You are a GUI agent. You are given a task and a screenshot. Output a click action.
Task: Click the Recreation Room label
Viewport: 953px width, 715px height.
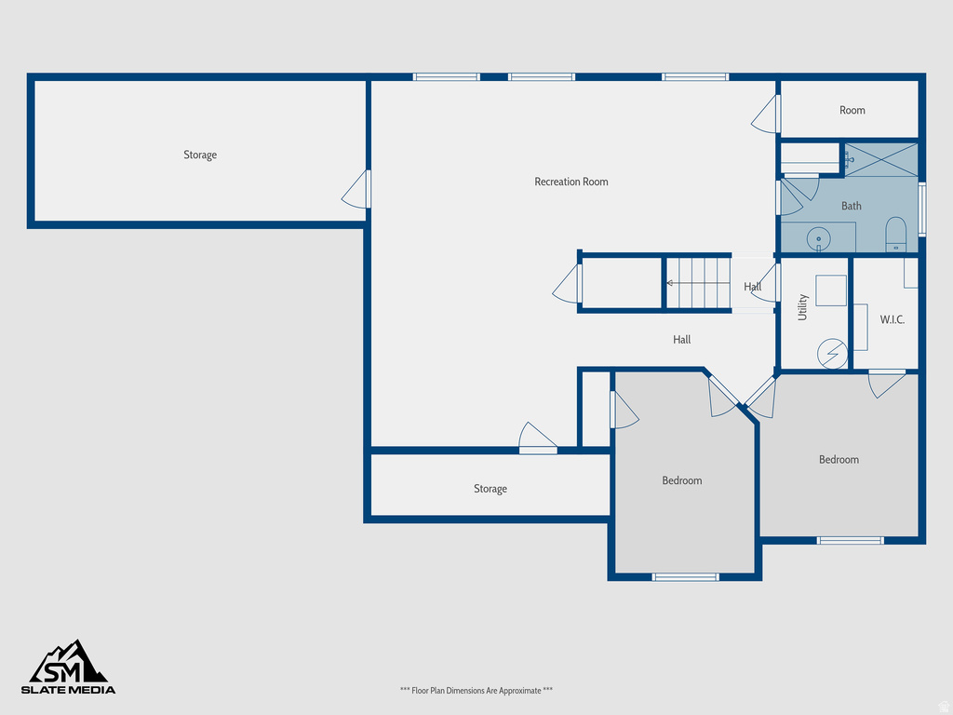[x=570, y=182]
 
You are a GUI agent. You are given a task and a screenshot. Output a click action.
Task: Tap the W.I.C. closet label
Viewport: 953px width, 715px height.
[x=892, y=319]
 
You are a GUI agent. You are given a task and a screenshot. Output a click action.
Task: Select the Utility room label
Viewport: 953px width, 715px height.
[x=802, y=307]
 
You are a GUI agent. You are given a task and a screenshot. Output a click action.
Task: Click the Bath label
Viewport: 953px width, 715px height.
[x=851, y=206]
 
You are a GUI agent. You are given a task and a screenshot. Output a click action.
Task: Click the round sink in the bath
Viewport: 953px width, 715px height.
[x=819, y=238]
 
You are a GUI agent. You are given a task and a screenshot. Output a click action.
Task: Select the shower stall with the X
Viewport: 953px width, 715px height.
[x=880, y=159]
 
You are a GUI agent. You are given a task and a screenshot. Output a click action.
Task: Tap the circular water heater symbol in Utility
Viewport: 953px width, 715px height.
[x=832, y=354]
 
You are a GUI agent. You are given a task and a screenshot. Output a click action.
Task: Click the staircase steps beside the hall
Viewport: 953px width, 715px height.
[x=698, y=282]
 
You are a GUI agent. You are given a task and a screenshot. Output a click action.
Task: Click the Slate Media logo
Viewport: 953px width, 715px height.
[x=70, y=668]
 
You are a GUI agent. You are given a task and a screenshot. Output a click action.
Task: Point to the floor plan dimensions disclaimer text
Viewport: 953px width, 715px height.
[x=476, y=690]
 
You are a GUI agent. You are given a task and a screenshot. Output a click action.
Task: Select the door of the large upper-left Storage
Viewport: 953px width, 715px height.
[x=356, y=190]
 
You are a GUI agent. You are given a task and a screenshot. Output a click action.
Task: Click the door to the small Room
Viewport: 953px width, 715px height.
[x=766, y=114]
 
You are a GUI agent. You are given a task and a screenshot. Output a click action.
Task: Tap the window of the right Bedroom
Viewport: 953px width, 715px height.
[x=850, y=540]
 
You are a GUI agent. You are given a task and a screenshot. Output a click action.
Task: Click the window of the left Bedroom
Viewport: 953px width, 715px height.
[x=686, y=577]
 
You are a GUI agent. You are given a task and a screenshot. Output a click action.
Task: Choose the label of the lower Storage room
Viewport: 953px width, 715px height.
[x=490, y=489]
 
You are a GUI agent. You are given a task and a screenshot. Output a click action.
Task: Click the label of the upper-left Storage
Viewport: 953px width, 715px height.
[x=199, y=155]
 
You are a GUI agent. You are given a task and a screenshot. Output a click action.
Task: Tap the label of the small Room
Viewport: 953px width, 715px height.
[x=852, y=110]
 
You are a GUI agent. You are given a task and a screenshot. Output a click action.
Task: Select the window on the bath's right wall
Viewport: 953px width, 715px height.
[x=922, y=209]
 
